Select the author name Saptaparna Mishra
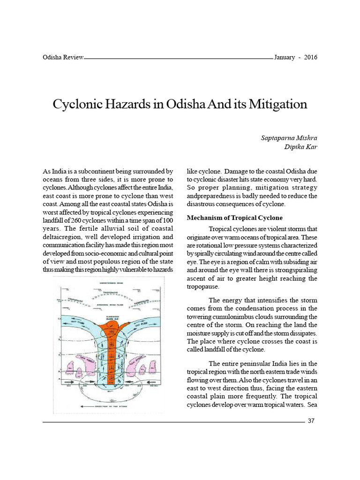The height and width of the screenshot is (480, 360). [289, 138]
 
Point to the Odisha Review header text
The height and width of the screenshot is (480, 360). [63, 58]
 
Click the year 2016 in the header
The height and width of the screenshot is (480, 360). [310, 58]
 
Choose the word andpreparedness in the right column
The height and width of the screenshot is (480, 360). [210, 195]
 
